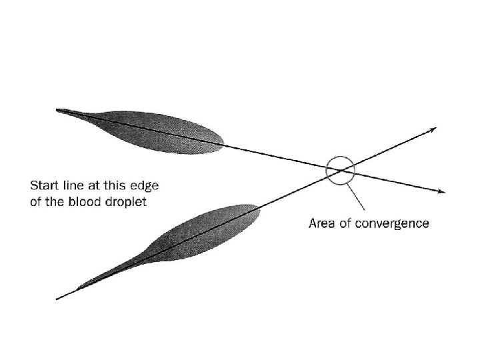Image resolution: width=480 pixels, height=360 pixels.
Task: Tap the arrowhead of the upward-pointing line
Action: click(x=434, y=129)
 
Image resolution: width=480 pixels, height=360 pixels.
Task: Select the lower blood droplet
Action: click(x=200, y=233)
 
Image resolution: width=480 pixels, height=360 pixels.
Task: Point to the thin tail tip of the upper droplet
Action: click(x=62, y=111)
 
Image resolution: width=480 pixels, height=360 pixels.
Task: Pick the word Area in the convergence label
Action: click(x=322, y=223)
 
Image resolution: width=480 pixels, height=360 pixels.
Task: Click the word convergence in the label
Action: click(x=394, y=223)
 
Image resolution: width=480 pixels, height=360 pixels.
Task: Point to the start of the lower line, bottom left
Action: click(x=58, y=298)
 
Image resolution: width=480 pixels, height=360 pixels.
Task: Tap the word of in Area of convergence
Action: click(x=346, y=223)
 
